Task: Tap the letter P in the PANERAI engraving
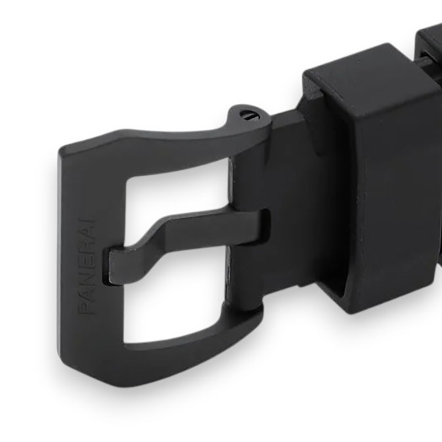coord(87,308)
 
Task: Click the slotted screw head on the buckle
coord(248,115)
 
